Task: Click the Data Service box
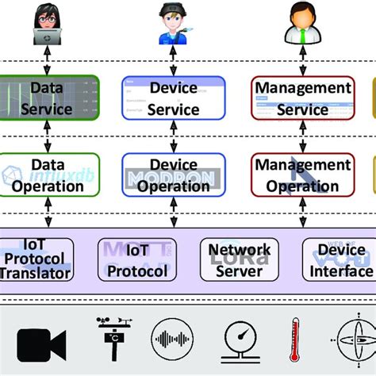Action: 50,98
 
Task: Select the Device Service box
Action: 174,98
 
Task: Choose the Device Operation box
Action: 174,175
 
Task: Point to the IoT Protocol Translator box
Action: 36,259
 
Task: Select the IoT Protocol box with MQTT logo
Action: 136,259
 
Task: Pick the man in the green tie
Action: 302,24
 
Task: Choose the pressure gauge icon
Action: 239,339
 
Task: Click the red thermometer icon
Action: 295,339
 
